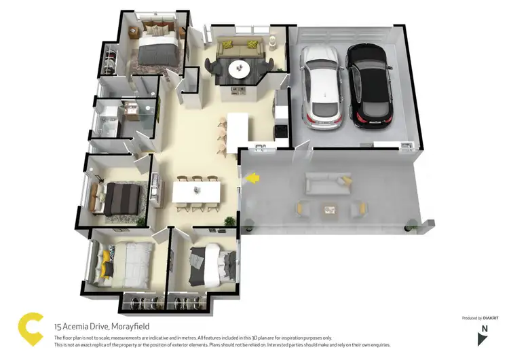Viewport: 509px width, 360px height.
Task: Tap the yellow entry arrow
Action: coord(252,179)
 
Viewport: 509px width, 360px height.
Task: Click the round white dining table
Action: coord(239,69)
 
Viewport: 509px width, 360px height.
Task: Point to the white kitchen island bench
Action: coord(238,130)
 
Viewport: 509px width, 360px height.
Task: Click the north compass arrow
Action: coord(483,338)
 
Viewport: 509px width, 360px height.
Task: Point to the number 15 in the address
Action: coord(58,326)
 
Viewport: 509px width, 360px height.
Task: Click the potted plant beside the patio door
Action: coord(229,221)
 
